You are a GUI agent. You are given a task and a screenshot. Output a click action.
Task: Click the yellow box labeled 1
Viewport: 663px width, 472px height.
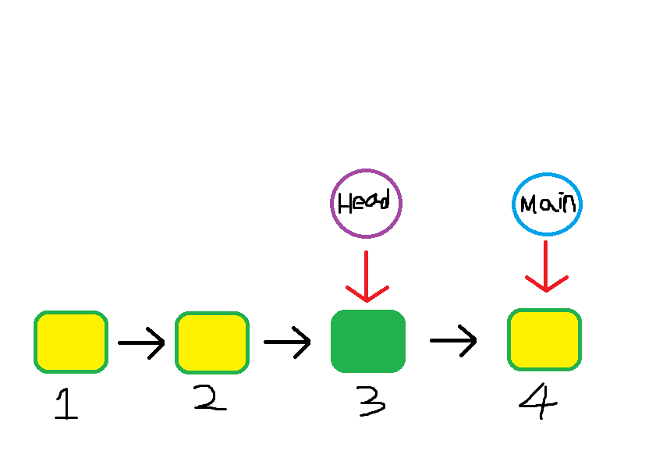(71, 342)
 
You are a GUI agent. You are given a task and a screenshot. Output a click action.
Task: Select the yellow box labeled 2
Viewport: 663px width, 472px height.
(212, 342)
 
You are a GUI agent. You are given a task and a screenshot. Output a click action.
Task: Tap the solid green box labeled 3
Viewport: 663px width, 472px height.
(368, 341)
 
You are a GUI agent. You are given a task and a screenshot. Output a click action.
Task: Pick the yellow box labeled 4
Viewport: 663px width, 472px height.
(544, 339)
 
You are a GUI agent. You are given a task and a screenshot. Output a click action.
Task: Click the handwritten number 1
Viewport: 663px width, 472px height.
(67, 405)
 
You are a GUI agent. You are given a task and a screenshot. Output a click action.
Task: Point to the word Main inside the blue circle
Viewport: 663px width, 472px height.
(548, 204)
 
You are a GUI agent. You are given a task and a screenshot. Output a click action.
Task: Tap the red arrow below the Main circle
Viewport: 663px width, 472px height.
(546, 266)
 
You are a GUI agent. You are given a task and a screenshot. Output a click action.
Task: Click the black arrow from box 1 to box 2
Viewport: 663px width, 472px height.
(141, 342)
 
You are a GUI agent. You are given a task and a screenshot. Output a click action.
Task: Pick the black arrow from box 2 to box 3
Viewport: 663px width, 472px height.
(287, 342)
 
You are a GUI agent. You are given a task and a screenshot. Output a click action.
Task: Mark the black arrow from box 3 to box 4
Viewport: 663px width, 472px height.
(453, 340)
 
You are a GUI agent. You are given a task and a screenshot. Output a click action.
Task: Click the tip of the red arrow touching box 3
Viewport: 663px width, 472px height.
(367, 300)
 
